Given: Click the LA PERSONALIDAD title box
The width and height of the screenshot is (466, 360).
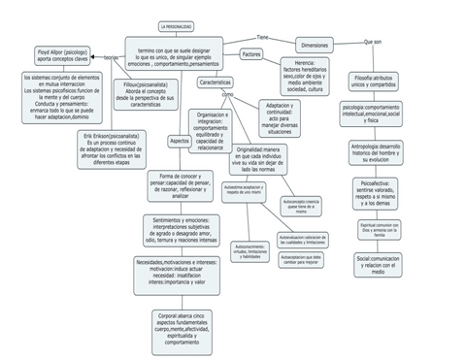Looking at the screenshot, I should pyautogui.click(x=176, y=26).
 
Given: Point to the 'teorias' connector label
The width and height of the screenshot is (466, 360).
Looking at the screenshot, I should pyautogui.click(x=111, y=57).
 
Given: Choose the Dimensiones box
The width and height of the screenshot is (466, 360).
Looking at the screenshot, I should pyautogui.click(x=314, y=46).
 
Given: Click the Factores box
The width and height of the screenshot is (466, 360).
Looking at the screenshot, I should pyautogui.click(x=251, y=54).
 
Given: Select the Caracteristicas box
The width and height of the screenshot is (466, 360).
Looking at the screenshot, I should pyautogui.click(x=215, y=82).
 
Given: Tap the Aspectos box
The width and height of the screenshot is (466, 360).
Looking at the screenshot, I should pyautogui.click(x=180, y=141).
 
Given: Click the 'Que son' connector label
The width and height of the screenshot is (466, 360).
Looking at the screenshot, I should pyautogui.click(x=372, y=42).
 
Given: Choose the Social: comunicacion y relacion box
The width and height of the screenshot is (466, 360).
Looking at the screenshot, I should pyautogui.click(x=378, y=264).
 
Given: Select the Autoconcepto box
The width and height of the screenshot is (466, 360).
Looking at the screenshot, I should pyautogui.click(x=300, y=205).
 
